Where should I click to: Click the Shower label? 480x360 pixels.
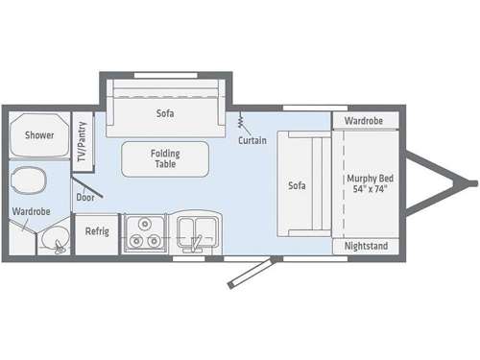[x=39, y=135]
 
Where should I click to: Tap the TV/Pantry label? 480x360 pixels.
[x=84, y=141]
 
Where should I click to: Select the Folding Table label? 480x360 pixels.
[x=165, y=158]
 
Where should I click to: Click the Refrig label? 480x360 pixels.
[x=96, y=231]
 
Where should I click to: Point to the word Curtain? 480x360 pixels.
[x=252, y=141]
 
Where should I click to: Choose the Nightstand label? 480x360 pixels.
[x=366, y=246]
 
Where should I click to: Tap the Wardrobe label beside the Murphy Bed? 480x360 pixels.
[x=366, y=122]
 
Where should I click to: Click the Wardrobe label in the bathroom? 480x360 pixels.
[x=31, y=211]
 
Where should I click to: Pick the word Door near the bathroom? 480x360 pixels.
[x=84, y=199]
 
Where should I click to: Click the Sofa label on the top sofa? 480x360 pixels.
[x=165, y=113]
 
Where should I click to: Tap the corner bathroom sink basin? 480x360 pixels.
[x=55, y=239]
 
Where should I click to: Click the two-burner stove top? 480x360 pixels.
[x=145, y=233]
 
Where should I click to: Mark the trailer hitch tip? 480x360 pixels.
[x=471, y=182]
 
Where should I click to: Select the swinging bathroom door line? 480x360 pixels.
[x=87, y=178]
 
